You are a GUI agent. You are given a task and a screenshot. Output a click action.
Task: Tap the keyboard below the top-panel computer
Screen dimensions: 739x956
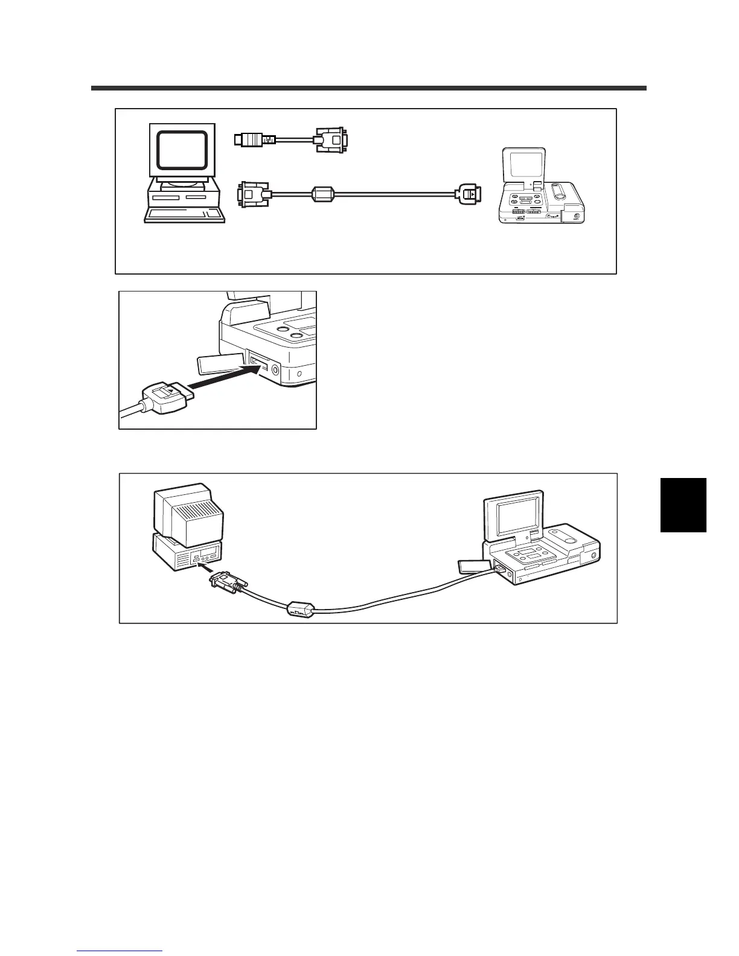184,215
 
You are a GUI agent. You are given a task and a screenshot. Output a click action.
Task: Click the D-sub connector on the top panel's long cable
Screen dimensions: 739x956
252,194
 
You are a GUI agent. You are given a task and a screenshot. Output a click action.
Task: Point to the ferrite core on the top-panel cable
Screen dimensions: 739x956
321,194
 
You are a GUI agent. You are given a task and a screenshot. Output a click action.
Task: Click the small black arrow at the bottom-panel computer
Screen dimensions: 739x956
205,568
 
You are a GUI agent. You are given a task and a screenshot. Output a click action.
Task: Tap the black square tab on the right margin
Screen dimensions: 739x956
683,505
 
